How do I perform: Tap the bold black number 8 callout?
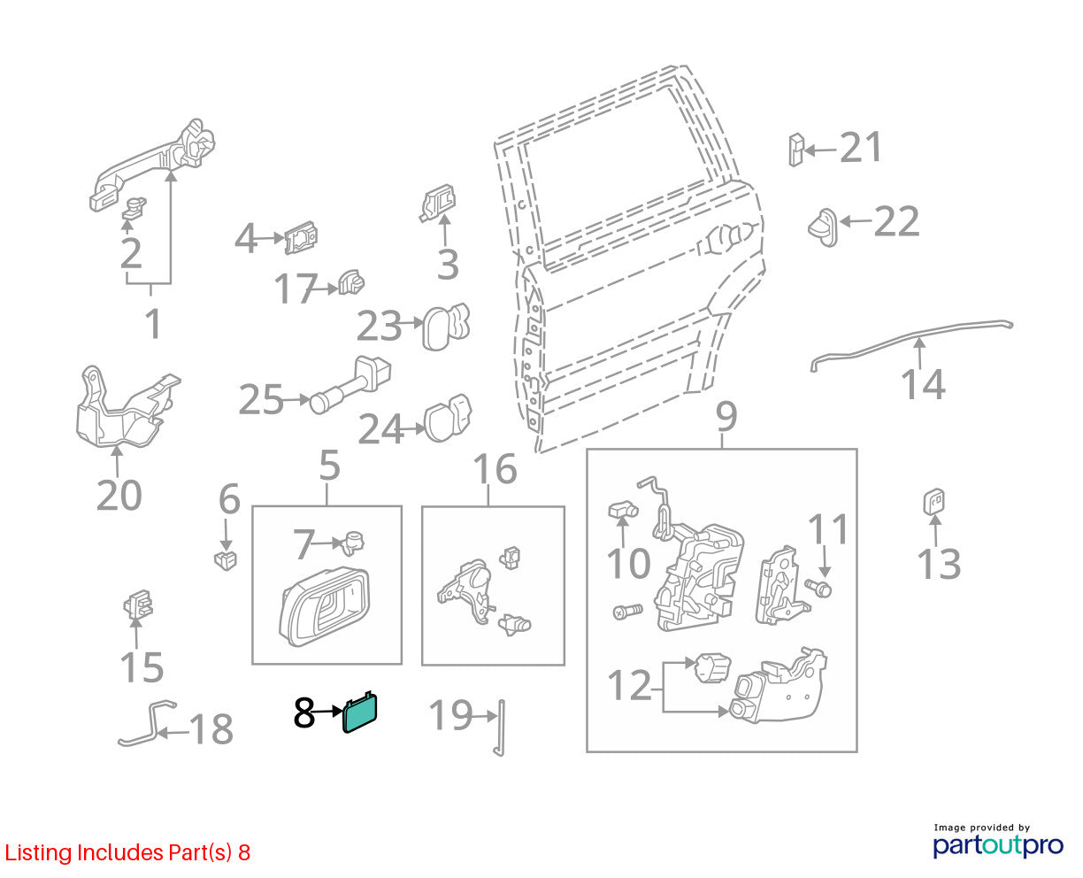point(304,712)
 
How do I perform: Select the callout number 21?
point(860,148)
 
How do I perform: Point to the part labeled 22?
point(823,227)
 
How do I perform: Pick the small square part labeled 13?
point(933,502)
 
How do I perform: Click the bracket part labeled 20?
point(126,410)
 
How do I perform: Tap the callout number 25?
point(260,399)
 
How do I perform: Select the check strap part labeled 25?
point(351,385)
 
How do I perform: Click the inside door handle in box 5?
point(325,607)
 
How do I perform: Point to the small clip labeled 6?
point(226,559)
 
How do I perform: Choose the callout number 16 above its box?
point(495,468)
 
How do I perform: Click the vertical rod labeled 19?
point(500,728)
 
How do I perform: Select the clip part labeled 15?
point(138,605)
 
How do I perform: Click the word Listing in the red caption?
point(38,852)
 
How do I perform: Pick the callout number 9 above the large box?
point(726,417)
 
